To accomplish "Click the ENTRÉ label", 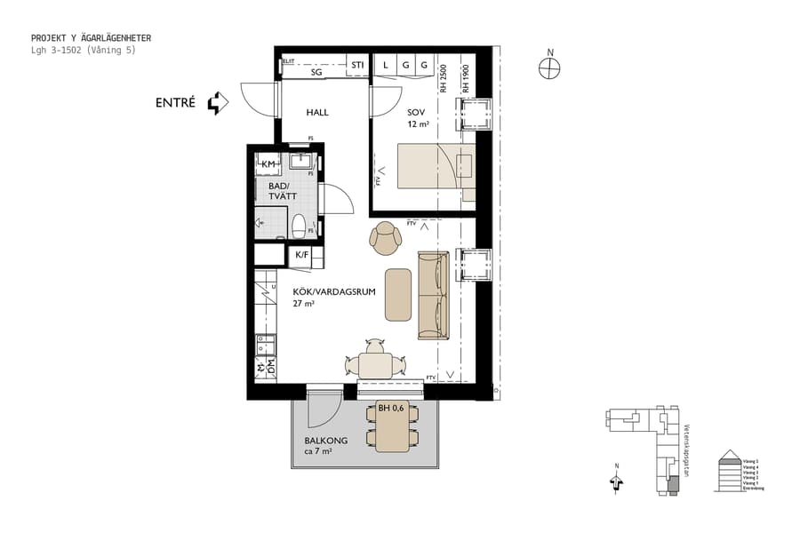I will click(174, 103).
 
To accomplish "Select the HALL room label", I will click(317, 113).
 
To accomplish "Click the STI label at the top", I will click(357, 66).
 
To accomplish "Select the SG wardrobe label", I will click(316, 73).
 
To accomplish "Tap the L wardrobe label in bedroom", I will click(386, 66).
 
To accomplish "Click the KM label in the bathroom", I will click(268, 164).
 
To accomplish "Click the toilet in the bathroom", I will click(300, 224).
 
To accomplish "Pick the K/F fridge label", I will click(302, 256).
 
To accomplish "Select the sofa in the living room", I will click(434, 295).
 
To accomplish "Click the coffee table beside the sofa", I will click(397, 294).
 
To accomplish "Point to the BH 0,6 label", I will click(390, 409).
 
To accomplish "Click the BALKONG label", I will click(325, 441).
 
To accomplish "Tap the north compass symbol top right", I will click(550, 68).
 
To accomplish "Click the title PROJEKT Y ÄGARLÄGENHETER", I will click(91, 38).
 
